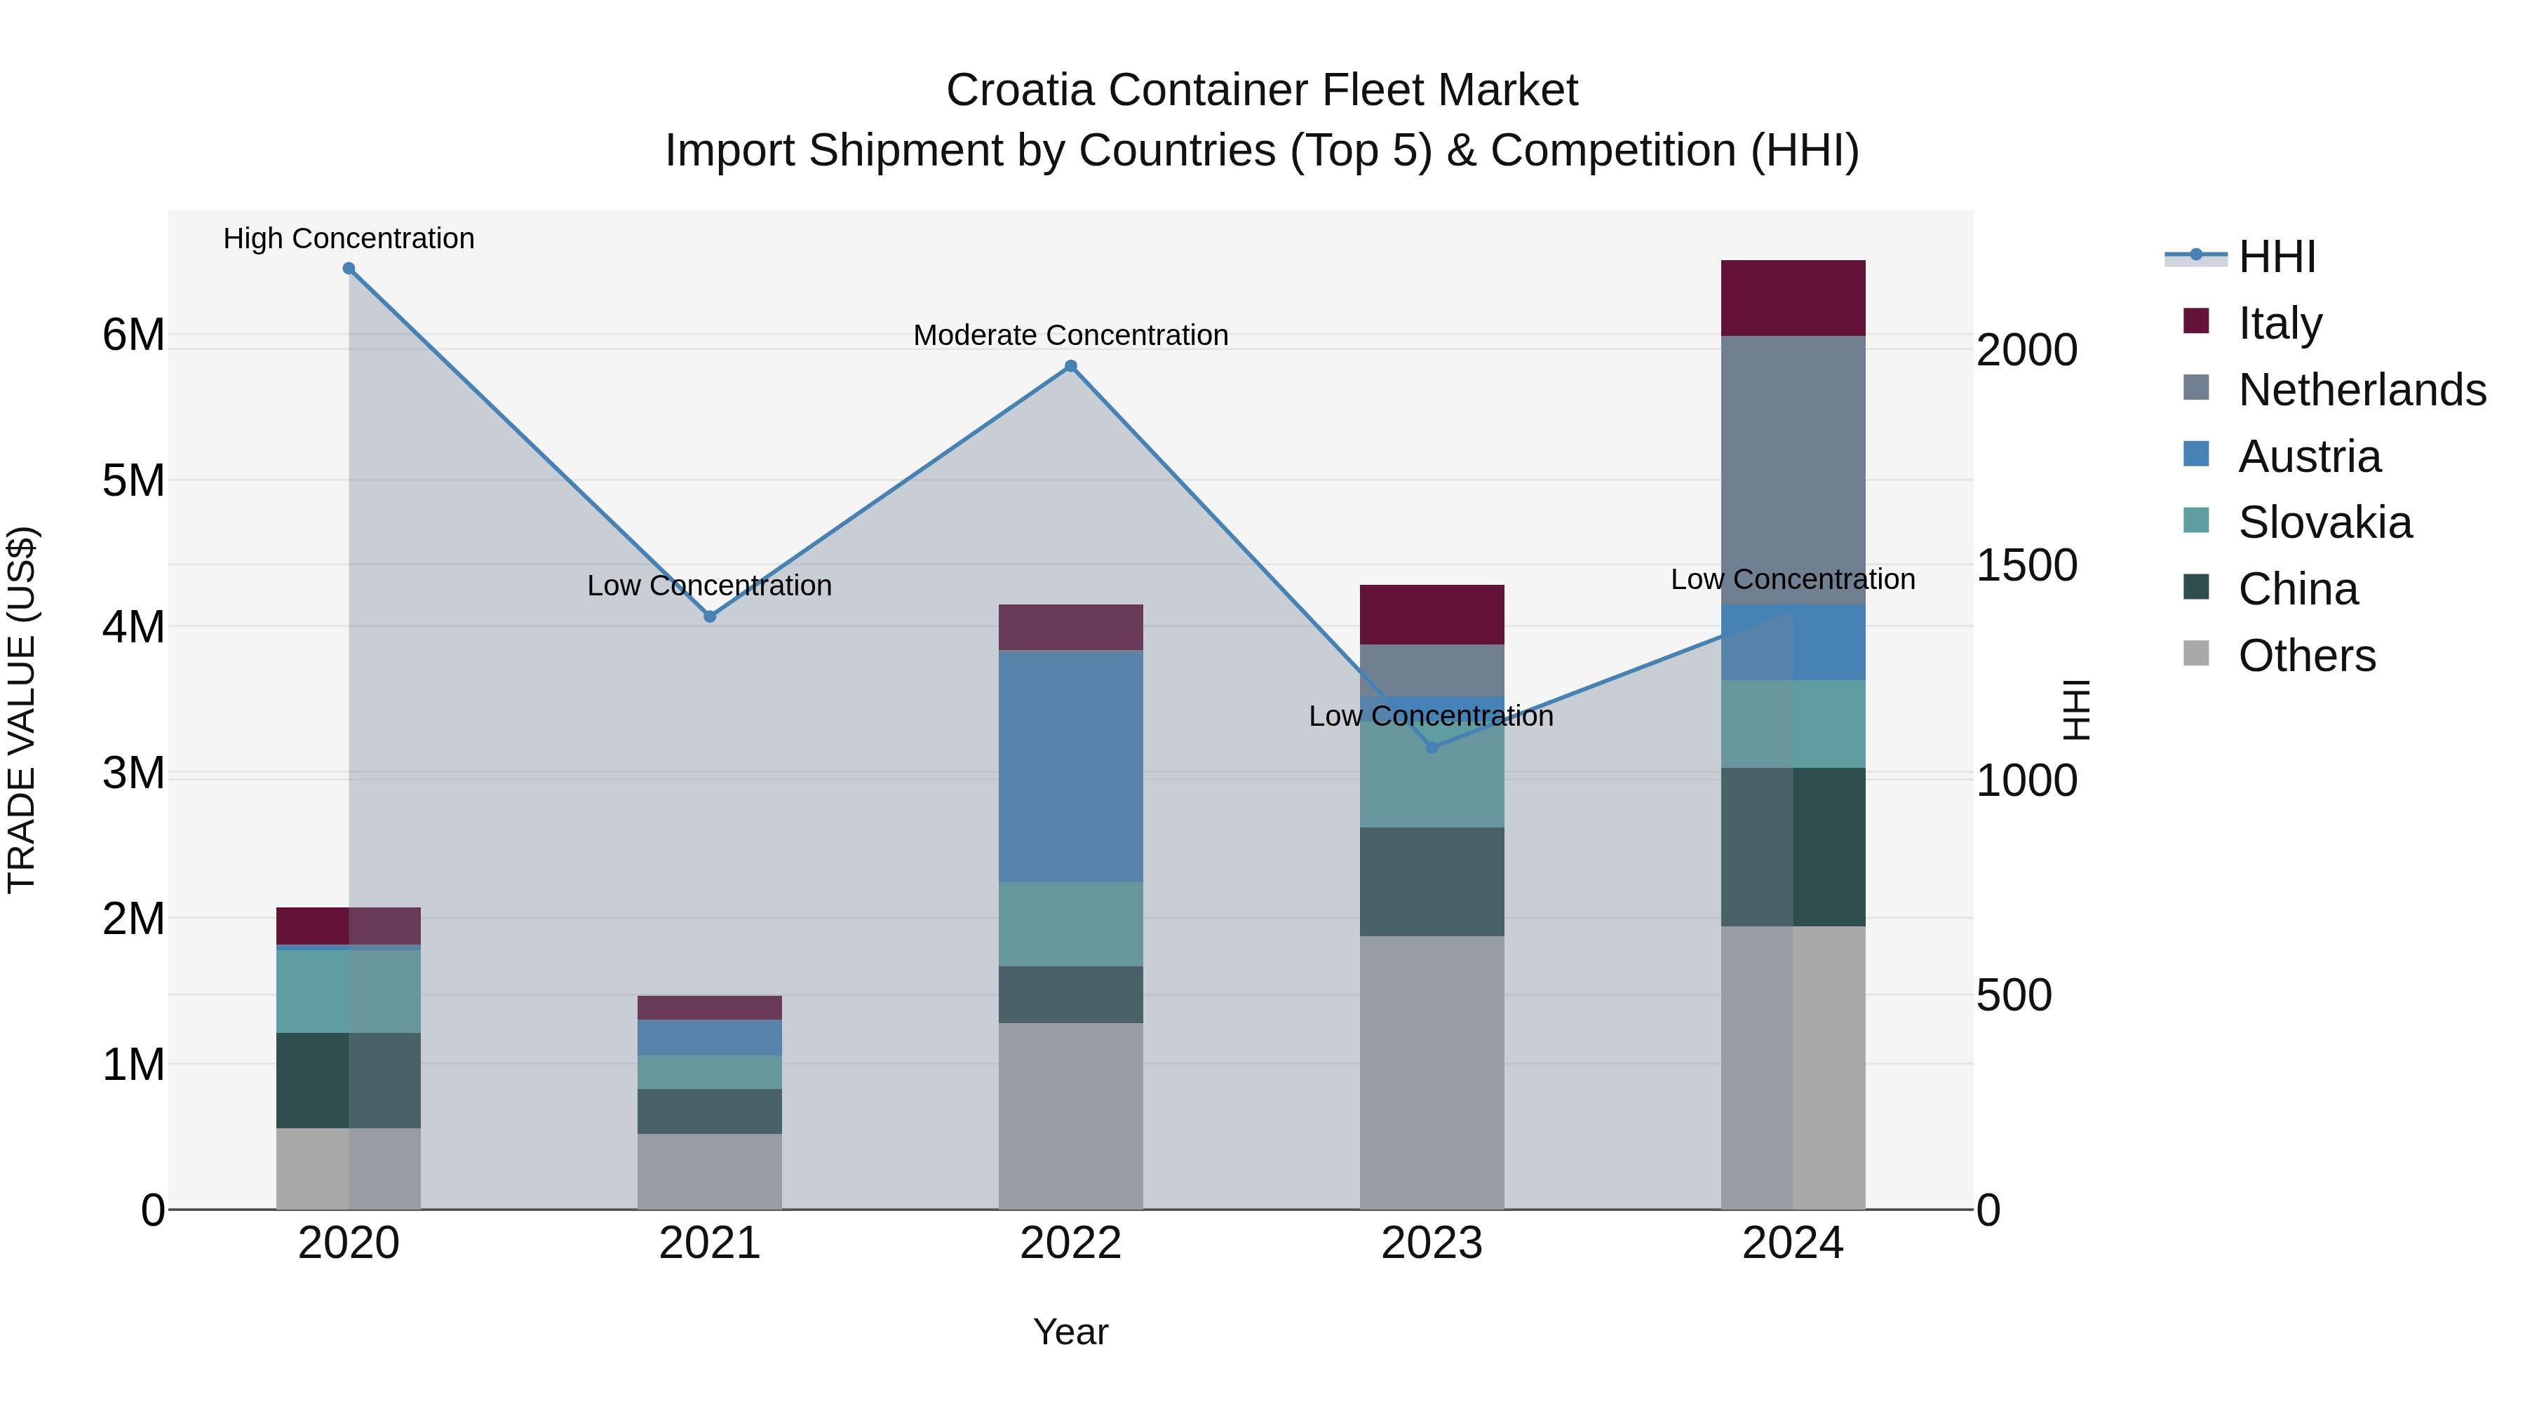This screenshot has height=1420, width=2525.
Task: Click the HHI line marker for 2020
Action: coord(349,269)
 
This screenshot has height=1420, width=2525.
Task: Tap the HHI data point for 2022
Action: coord(1070,367)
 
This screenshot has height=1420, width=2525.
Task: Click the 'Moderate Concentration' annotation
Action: coord(1070,335)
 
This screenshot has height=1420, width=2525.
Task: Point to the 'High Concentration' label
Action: coord(349,238)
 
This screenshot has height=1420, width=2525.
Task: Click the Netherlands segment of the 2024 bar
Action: coord(1793,471)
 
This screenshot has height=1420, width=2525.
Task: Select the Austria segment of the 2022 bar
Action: coord(1070,766)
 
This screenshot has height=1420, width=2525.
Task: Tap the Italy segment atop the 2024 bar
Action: coord(1793,298)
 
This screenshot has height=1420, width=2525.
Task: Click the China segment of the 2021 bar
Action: coord(710,1111)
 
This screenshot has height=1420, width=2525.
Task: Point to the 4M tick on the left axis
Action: coord(134,627)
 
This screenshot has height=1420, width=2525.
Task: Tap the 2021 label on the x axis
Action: coord(710,1243)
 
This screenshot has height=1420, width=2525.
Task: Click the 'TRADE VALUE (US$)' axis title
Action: coord(22,710)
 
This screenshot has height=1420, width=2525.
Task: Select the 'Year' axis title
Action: coord(1070,1332)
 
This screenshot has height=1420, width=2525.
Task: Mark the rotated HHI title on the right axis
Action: coord(2076,710)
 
